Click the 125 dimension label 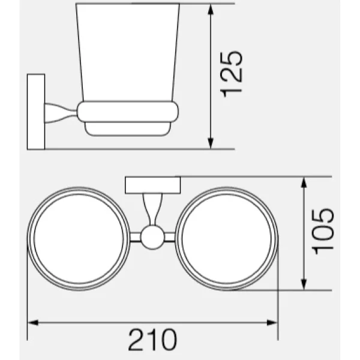click(x=231, y=74)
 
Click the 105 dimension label click(x=322, y=231)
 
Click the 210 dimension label click(x=152, y=340)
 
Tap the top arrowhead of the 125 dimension click(x=211, y=10)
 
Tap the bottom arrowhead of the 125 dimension click(x=211, y=143)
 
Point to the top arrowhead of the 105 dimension click(x=304, y=182)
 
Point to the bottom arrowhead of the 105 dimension click(x=304, y=284)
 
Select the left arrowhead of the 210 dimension click(x=33, y=323)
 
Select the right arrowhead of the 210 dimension click(x=272, y=323)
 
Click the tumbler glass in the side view click(x=128, y=52)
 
